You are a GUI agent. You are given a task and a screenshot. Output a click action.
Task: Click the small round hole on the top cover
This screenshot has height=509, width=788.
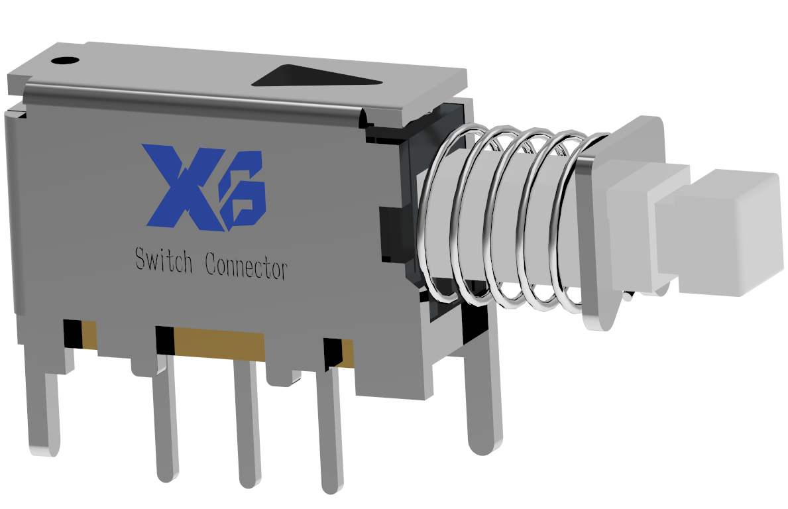click(x=66, y=61)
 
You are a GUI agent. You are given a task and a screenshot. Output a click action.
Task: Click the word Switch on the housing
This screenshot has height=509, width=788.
click(x=164, y=260)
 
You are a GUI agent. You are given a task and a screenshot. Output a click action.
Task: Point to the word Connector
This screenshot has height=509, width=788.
click(x=247, y=265)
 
